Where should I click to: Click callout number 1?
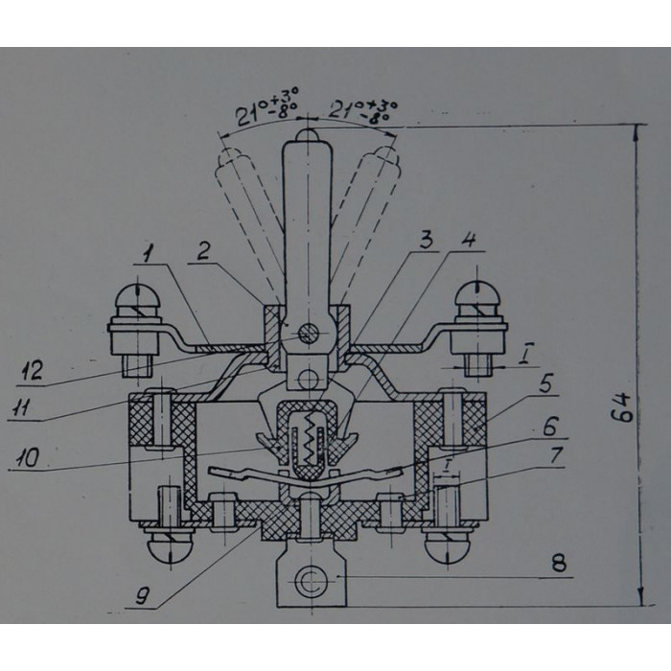click(148, 254)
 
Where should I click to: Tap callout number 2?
click(203, 251)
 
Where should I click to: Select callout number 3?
click(426, 242)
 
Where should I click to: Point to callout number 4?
click(470, 240)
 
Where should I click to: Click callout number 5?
click(546, 383)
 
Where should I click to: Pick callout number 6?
click(551, 426)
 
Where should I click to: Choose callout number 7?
click(556, 455)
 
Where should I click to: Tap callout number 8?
click(559, 563)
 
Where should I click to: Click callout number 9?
click(143, 595)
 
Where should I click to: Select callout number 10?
click(28, 457)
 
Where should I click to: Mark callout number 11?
click(20, 407)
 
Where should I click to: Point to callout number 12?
click(32, 371)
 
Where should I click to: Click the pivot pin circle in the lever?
click(309, 334)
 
